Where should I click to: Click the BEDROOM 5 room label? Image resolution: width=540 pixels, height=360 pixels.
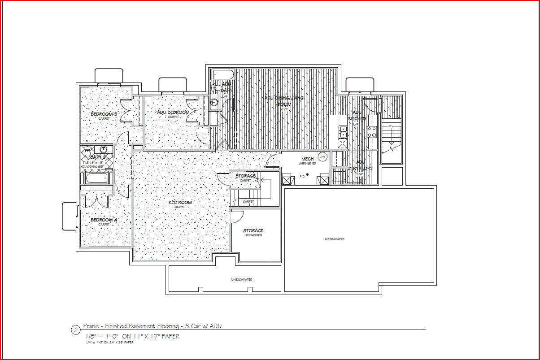[x=104, y=114]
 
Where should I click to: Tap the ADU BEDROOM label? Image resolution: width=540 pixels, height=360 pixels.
[x=173, y=112]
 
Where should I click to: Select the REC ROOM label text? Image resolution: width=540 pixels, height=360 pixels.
[x=180, y=203]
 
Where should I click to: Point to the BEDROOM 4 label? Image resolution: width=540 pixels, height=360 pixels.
[x=104, y=220]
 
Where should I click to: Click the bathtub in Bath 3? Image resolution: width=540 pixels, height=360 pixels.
[x=97, y=179]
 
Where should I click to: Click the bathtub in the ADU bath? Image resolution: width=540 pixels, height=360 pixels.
[x=222, y=74]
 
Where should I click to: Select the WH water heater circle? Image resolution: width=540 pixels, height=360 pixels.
[x=322, y=156]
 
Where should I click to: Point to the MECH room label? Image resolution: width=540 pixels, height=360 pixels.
[x=307, y=159]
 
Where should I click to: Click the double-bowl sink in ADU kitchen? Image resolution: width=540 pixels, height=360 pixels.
[x=343, y=131]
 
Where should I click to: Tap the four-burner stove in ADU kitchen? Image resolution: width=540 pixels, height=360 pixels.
[x=372, y=131]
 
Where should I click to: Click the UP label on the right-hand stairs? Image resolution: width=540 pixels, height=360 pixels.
[x=389, y=126]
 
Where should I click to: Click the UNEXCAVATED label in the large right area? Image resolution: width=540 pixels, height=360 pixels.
[x=334, y=239]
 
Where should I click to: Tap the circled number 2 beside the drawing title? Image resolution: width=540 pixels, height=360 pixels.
[x=75, y=330]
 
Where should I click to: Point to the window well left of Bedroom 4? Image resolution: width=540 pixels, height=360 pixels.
[x=70, y=216]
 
